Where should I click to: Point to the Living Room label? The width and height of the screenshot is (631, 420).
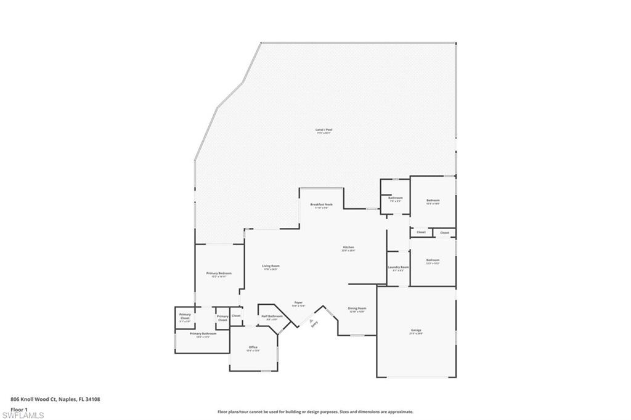271,266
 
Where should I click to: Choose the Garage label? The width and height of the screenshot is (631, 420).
416,331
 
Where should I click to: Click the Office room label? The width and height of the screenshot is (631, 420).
253,347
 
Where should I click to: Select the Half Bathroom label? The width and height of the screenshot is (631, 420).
272,316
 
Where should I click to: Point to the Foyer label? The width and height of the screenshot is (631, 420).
298,302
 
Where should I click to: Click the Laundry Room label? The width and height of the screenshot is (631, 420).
399,267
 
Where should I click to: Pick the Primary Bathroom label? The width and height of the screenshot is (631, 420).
203,334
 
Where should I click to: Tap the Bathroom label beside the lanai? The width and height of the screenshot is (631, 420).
396,198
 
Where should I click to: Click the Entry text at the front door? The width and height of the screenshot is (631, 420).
314,325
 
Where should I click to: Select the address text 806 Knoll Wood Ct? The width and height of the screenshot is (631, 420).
55,399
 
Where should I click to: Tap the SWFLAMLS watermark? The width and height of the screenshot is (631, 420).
22,416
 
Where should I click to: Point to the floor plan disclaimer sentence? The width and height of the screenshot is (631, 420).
315,412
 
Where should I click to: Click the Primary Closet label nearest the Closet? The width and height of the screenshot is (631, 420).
222,318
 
